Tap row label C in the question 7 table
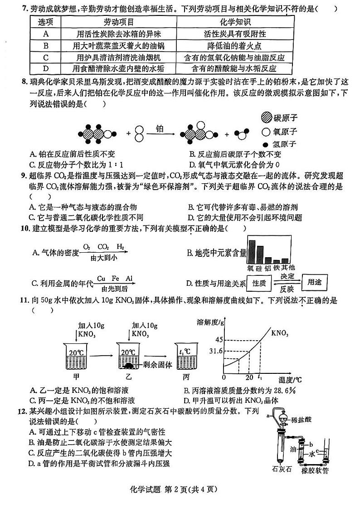tap(45, 58)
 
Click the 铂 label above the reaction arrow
tap(160, 128)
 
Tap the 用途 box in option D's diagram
tap(314, 282)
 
